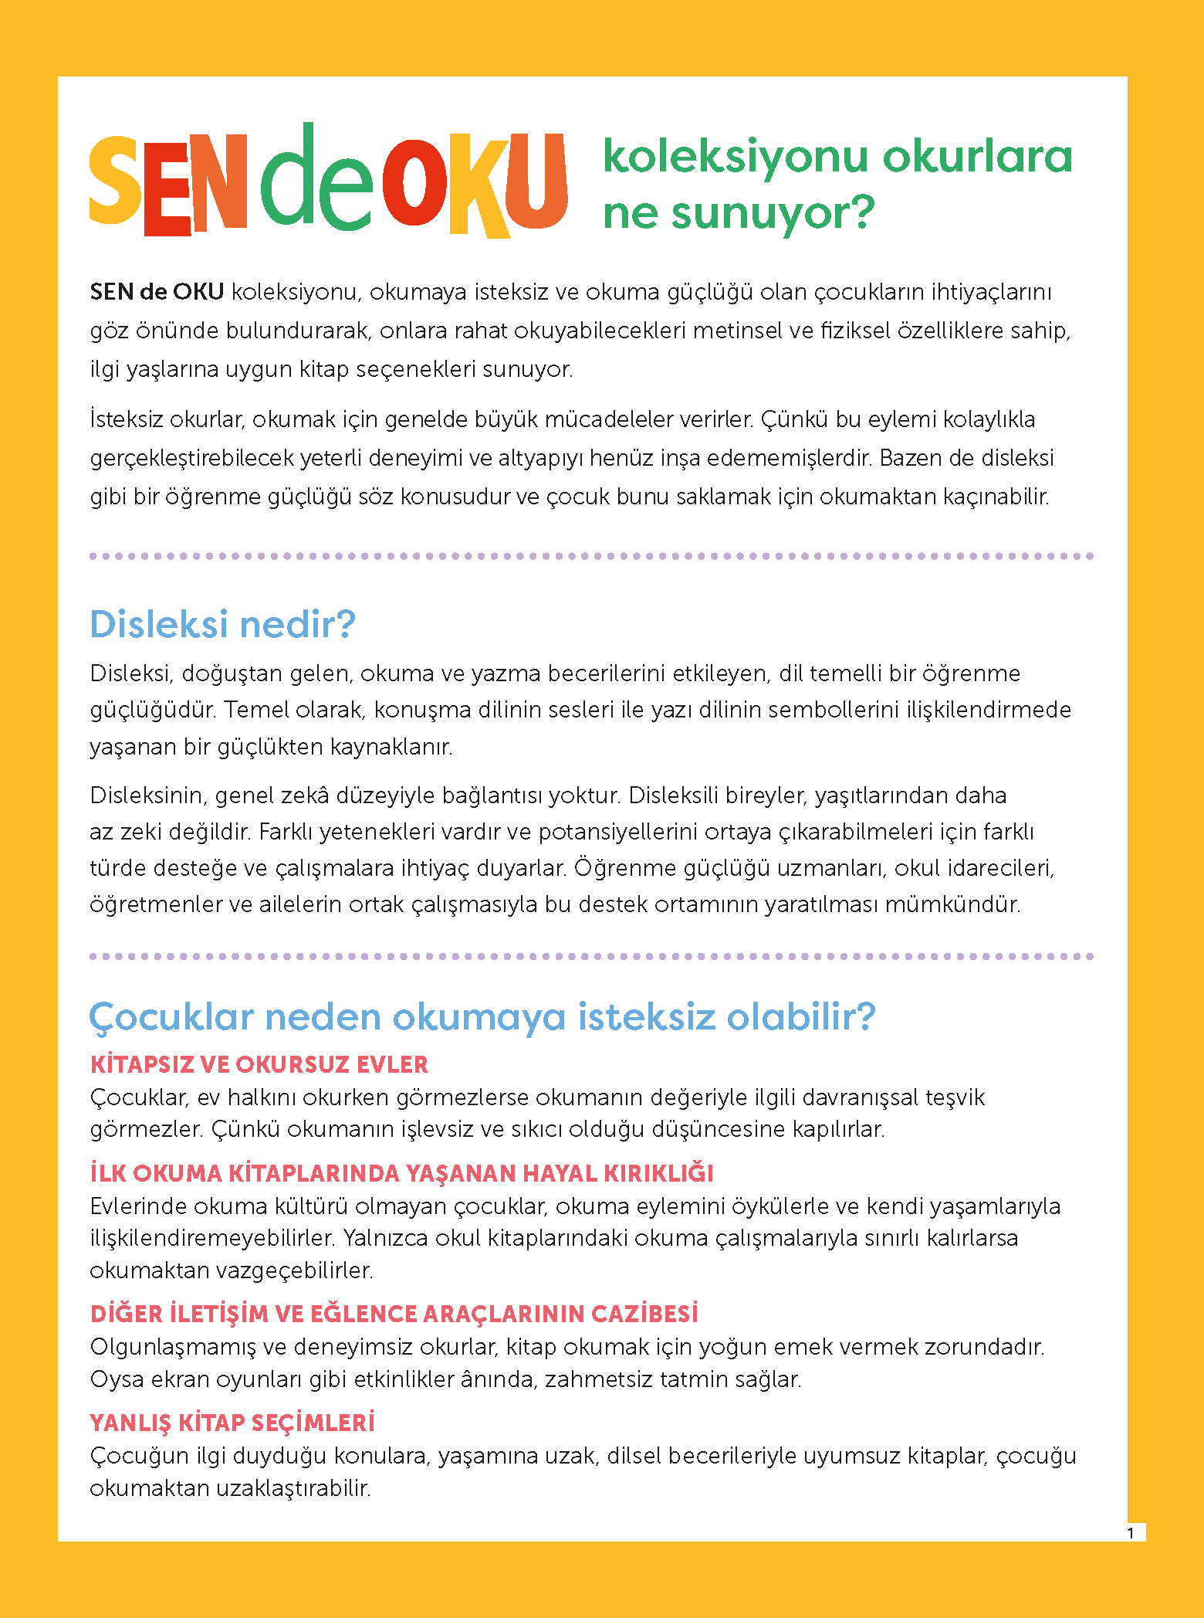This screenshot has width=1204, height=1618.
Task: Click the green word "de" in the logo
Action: (x=316, y=181)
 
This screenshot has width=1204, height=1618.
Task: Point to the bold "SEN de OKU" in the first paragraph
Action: (x=157, y=292)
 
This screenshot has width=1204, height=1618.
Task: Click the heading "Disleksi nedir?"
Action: (x=222, y=624)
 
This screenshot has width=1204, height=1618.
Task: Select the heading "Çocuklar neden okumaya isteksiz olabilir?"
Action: (x=482, y=1016)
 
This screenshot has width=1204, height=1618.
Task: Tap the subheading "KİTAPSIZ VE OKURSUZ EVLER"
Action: (x=259, y=1064)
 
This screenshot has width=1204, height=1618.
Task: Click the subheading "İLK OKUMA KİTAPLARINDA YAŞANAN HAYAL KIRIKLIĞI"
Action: (x=401, y=1173)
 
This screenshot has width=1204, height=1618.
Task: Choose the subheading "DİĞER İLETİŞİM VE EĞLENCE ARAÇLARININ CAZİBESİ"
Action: (x=394, y=1314)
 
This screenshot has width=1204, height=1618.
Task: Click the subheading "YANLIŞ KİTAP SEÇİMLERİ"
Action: (x=232, y=1423)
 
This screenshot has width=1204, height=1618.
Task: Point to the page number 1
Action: (x=1131, y=1533)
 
